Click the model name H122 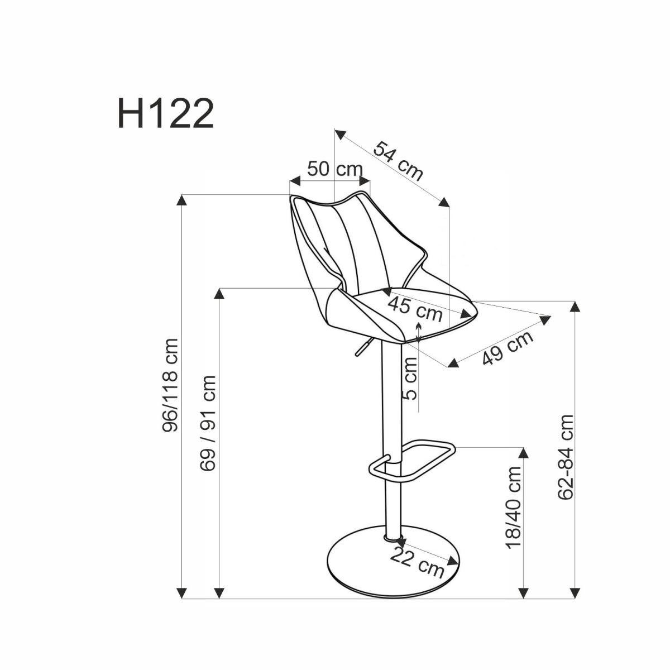pyautogui.click(x=165, y=114)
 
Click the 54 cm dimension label pyautogui.click(x=398, y=161)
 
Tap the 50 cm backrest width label pyautogui.click(x=334, y=169)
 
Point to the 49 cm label pyautogui.click(x=507, y=347)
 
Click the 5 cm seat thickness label pyautogui.click(x=410, y=378)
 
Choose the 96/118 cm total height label pyautogui.click(x=170, y=385)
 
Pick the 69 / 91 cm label pyautogui.click(x=208, y=423)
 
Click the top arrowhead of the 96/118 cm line pyautogui.click(x=182, y=200)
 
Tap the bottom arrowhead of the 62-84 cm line pyautogui.click(x=575, y=593)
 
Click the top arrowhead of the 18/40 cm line pyautogui.click(x=523, y=453)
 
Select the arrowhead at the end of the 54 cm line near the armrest pyautogui.click(x=444, y=202)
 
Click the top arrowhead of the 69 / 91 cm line pyautogui.click(x=220, y=294)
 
